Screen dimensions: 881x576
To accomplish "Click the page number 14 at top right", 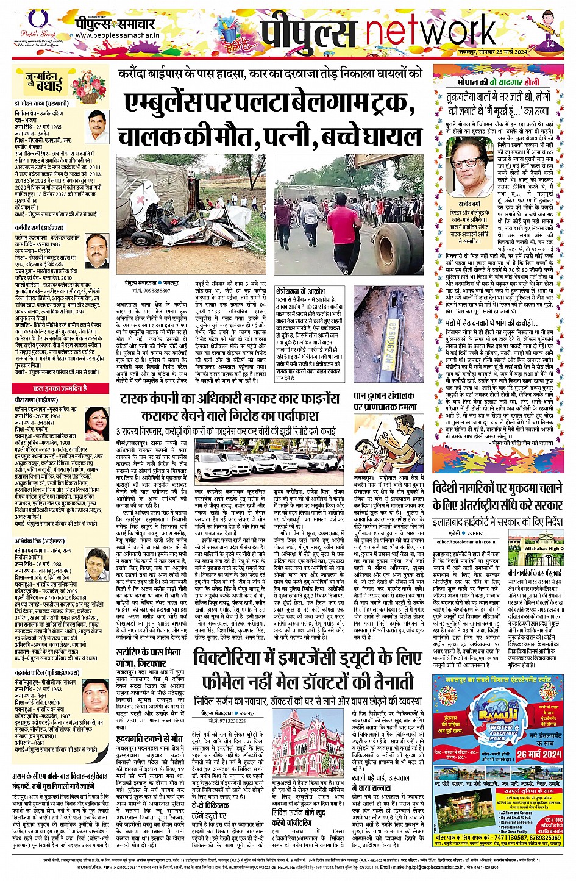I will (550, 44).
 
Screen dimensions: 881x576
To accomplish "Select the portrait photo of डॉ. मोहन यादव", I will (97, 125).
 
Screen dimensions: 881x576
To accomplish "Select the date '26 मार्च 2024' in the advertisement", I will (539, 754).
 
